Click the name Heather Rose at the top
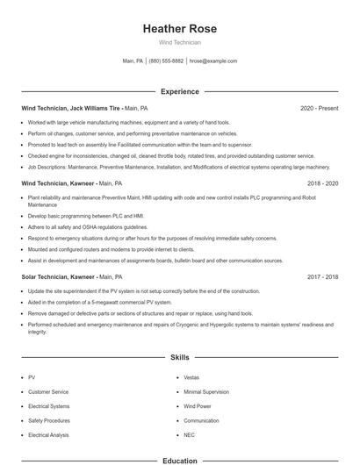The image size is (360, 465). click(179, 29)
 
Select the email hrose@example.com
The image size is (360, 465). click(213, 61)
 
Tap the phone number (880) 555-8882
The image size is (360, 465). click(166, 61)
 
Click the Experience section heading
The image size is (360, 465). click(179, 91)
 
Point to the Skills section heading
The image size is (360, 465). click(179, 358)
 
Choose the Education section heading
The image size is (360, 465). click(179, 460)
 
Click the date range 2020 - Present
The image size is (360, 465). click(319, 108)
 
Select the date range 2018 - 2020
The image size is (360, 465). click(322, 183)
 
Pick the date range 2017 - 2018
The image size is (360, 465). click(322, 276)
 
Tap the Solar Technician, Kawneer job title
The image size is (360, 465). click(58, 276)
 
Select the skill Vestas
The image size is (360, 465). click(191, 377)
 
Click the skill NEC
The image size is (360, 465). click(189, 434)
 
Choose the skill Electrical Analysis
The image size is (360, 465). click(49, 434)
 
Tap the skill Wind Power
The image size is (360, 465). click(198, 406)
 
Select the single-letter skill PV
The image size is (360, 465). click(32, 377)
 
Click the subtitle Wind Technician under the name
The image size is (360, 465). click(179, 42)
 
